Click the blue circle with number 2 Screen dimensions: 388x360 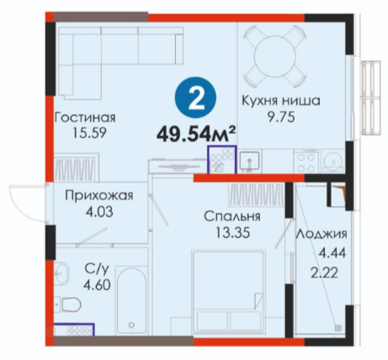coord(196,98)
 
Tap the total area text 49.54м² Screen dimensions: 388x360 coord(195,134)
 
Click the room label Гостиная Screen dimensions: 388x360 coord(85,118)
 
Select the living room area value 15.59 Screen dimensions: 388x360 coord(89,133)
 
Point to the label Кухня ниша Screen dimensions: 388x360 coord(281,100)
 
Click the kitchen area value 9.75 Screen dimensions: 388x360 coord(281,117)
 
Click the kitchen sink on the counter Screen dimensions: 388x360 coord(250,161)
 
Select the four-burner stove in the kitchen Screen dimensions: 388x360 coord(306,161)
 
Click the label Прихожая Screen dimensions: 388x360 coord(99,196)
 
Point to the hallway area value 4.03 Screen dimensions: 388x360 coord(99,212)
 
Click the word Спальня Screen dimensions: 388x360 coord(232,216)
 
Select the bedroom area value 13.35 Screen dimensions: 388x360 coord(232,232)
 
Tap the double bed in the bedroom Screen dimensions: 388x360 coord(228,291)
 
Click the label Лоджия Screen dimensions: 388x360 coord(322,234)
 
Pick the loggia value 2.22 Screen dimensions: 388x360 coord(324,273)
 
